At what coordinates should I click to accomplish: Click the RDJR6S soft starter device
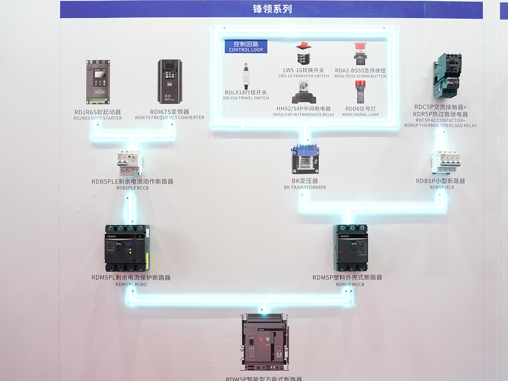[98, 82]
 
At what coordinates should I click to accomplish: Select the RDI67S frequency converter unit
[169, 81]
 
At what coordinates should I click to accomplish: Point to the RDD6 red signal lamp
[360, 92]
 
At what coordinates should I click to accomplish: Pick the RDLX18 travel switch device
[246, 76]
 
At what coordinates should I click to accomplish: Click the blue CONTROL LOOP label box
[246, 46]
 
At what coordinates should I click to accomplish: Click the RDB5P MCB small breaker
[445, 162]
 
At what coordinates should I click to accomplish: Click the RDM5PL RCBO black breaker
[127, 248]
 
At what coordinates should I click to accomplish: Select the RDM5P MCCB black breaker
[351, 248]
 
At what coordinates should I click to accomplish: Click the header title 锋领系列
[272, 9]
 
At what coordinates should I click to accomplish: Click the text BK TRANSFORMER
[305, 187]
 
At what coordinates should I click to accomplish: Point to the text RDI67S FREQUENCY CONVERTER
[169, 118]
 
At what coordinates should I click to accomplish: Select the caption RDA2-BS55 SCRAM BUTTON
[361, 76]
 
